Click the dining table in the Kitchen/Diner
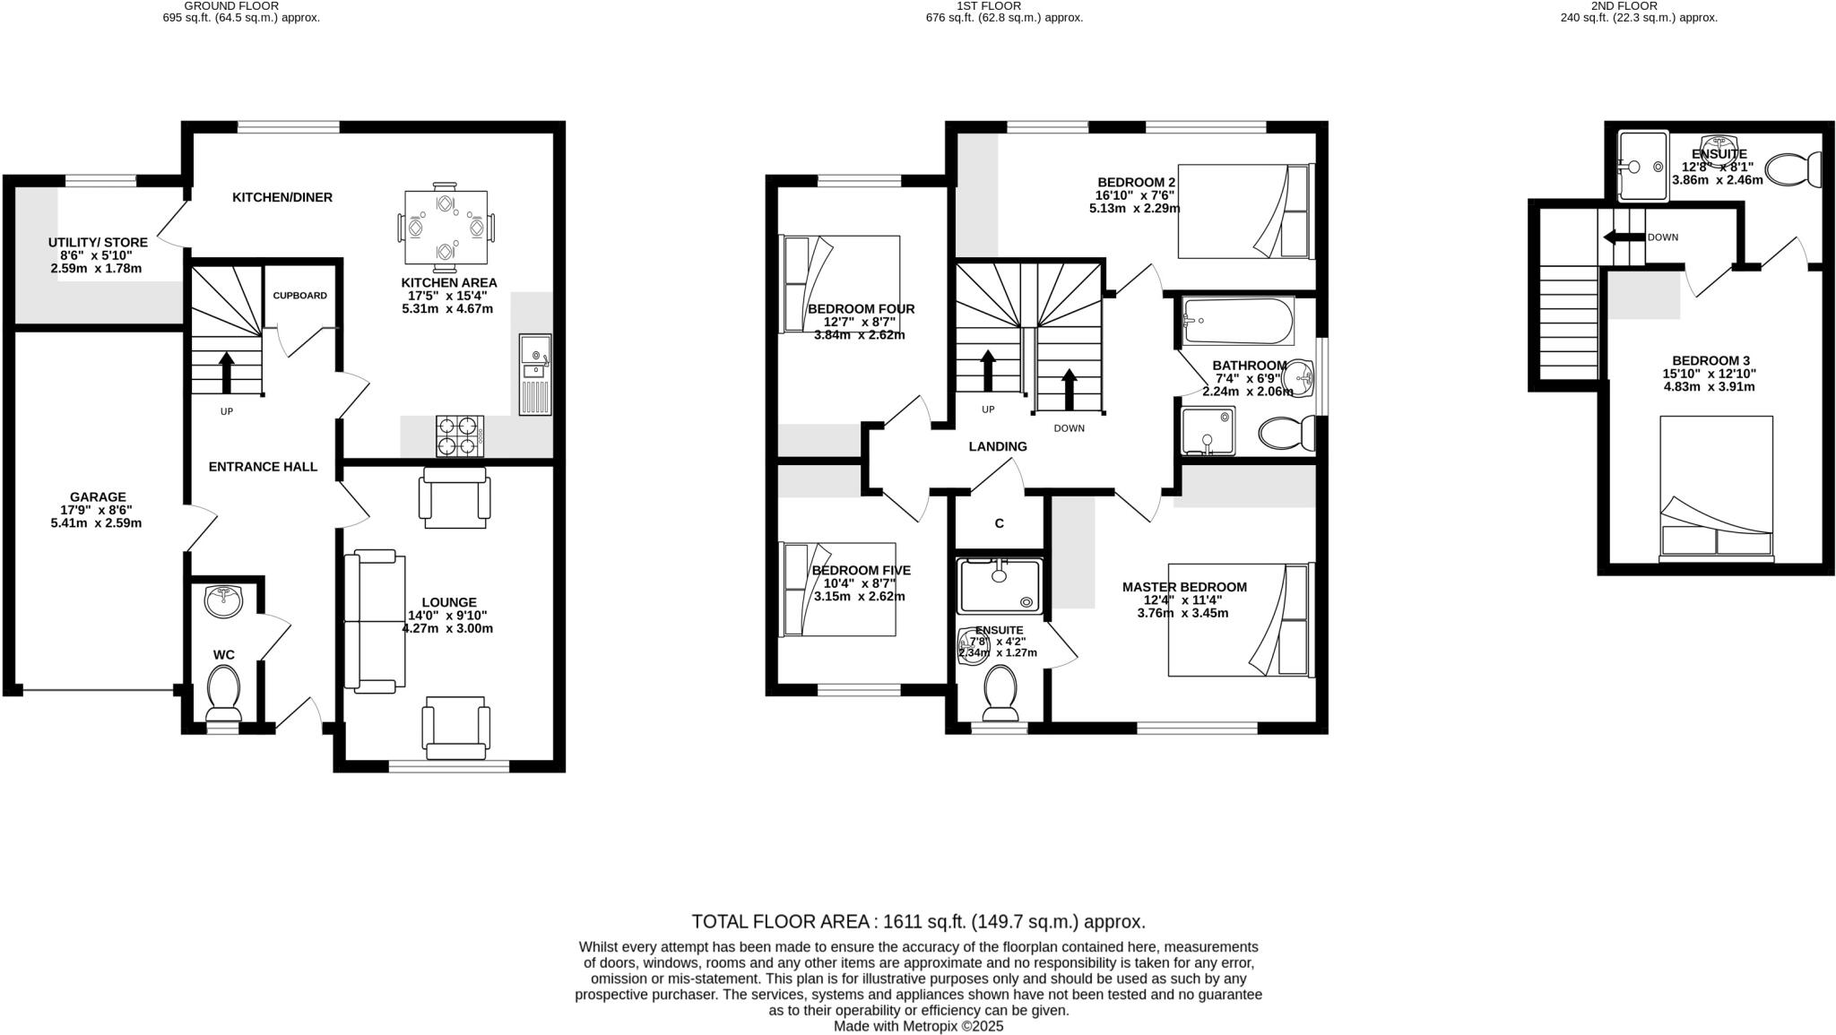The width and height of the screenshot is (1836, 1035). [446, 228]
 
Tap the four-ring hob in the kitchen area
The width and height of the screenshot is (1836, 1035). [459, 436]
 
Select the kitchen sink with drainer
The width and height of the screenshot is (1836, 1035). [535, 374]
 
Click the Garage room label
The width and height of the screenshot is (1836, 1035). [98, 497]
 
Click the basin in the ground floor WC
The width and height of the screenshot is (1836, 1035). [223, 601]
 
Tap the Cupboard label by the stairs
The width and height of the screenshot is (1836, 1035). [300, 296]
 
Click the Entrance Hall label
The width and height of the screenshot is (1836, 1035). [263, 467]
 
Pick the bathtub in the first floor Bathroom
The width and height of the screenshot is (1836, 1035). [1237, 321]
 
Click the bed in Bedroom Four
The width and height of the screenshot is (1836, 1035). [840, 284]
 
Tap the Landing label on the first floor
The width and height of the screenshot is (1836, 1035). [998, 446]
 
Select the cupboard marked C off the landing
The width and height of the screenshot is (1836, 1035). [999, 523]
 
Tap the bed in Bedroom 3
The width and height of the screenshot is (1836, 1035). [1716, 488]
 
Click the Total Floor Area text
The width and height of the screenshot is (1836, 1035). [918, 921]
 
